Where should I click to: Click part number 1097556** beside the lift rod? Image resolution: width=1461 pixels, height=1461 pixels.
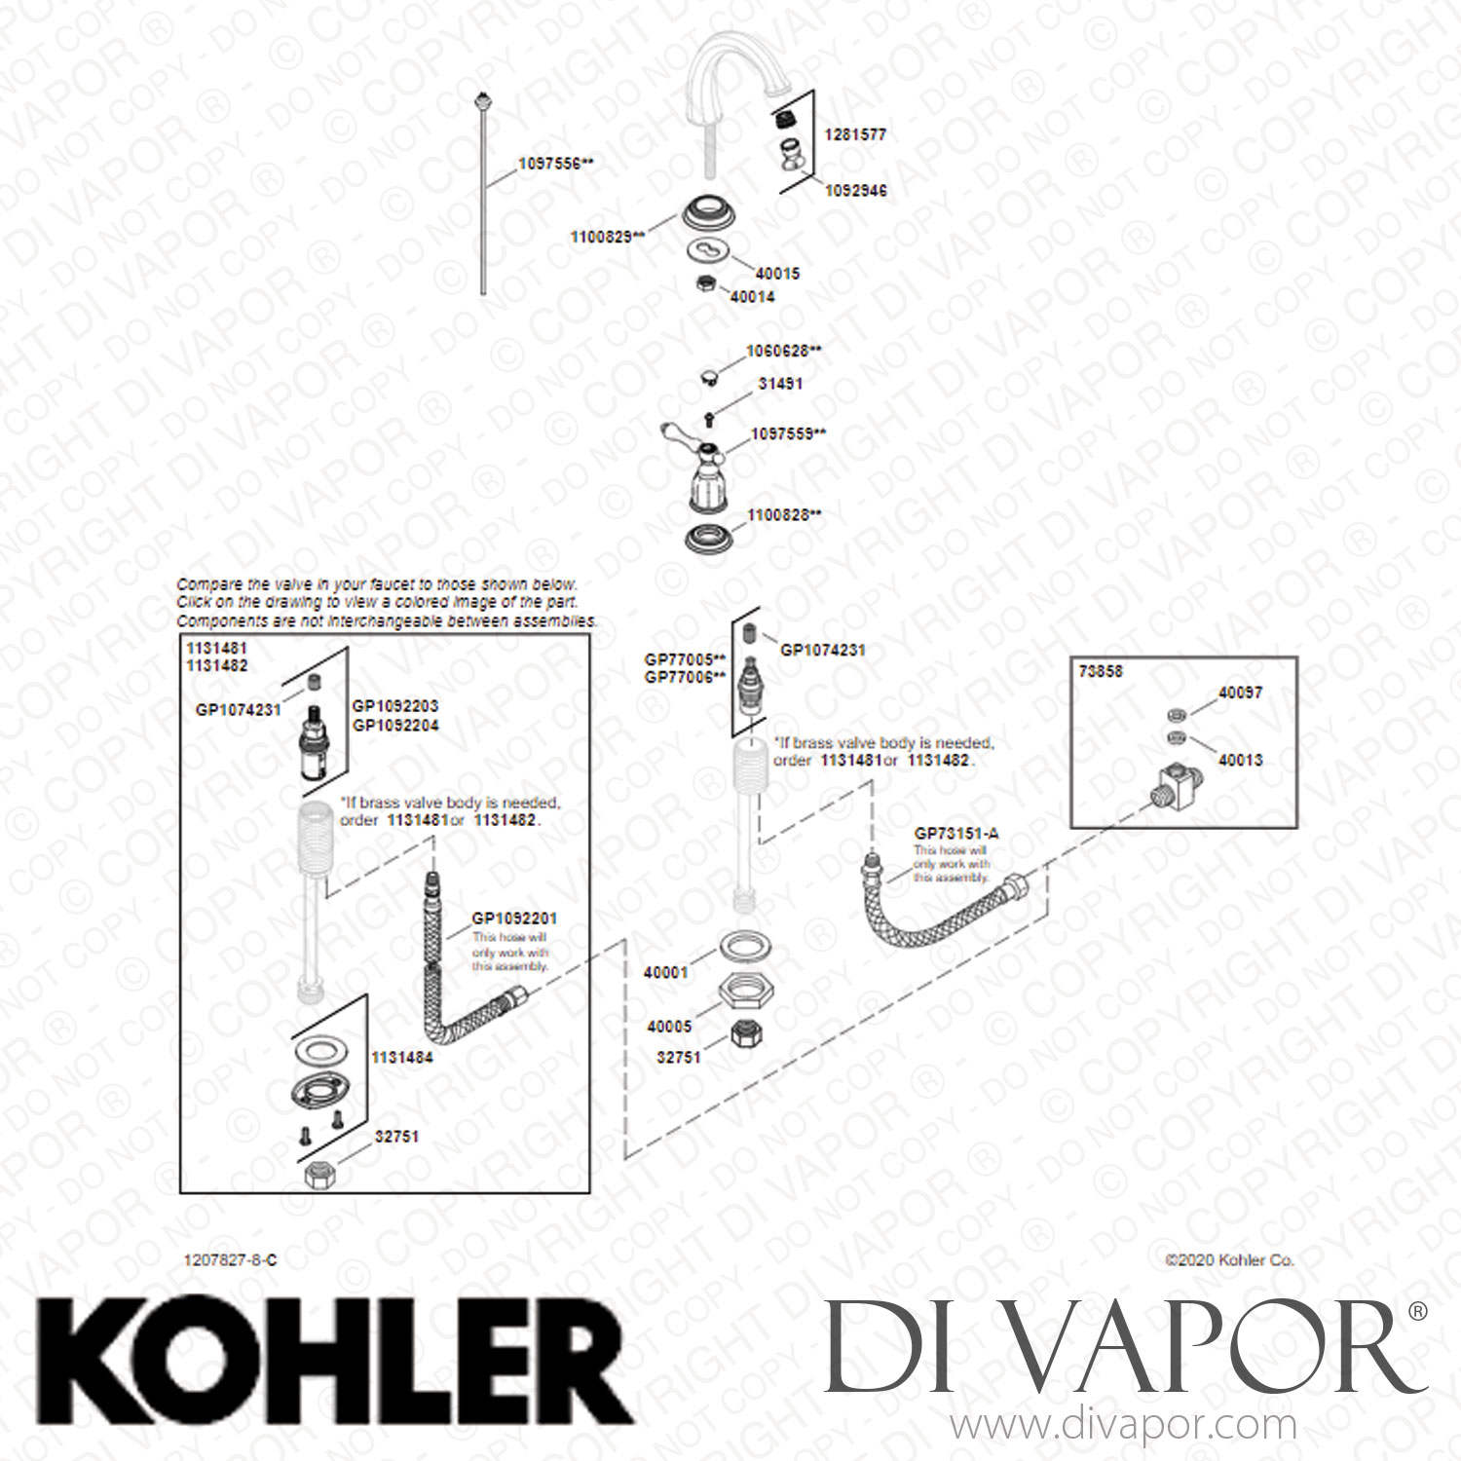coord(555,164)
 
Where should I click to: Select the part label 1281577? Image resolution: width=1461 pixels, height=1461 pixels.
coord(855,134)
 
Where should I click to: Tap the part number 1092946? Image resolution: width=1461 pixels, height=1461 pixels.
coord(855,191)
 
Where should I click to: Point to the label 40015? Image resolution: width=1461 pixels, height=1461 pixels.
coord(777,274)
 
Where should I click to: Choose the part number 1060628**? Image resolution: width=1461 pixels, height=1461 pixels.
coord(783,351)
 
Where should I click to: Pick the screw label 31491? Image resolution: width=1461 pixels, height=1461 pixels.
coord(780,384)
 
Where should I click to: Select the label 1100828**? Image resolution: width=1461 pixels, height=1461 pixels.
coord(784,515)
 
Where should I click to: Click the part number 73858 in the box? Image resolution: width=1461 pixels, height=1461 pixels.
coord(1101,671)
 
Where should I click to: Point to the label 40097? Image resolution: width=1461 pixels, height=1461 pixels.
coord(1240,693)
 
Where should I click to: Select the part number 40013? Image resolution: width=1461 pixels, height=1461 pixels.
coord(1240,760)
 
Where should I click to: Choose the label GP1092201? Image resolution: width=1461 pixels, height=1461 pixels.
coord(514,918)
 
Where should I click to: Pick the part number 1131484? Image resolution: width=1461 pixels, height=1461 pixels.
coord(401,1057)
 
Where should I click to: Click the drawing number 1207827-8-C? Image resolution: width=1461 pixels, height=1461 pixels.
coord(230,1259)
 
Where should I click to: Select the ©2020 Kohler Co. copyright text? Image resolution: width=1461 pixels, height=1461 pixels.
coord(1229,1259)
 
